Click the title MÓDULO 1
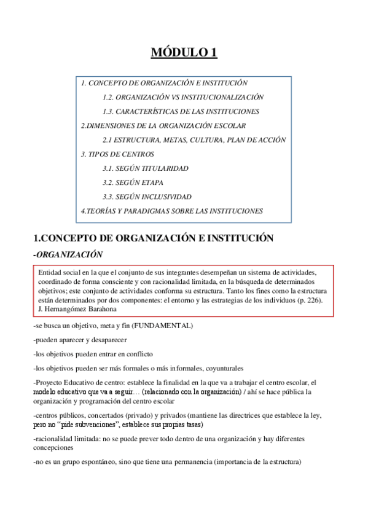point(184,53)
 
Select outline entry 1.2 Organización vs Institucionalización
point(183,97)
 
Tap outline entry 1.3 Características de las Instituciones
point(181,111)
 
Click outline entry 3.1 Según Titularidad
point(146,168)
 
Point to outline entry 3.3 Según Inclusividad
point(147,197)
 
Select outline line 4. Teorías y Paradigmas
point(172,211)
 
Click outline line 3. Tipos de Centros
point(117,154)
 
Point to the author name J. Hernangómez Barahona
point(76,308)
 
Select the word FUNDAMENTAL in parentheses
point(162,324)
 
